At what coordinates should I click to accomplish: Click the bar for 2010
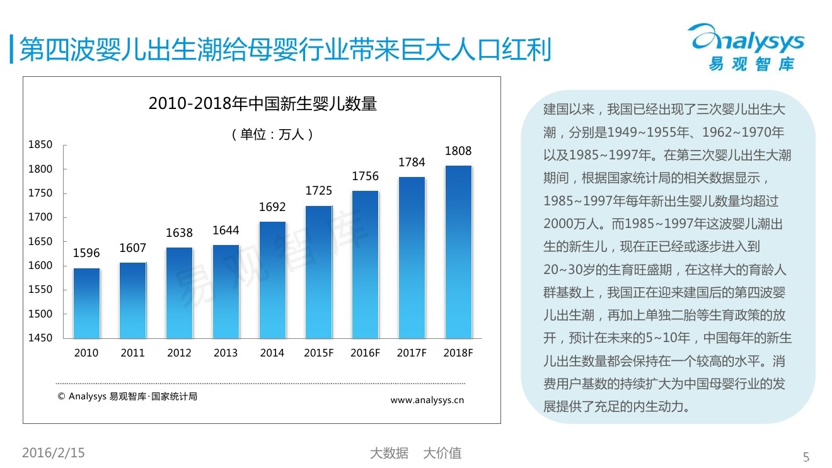click(x=86, y=304)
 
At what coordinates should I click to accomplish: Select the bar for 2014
click(x=272, y=280)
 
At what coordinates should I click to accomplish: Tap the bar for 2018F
click(x=458, y=252)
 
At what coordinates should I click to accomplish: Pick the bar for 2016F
click(x=365, y=265)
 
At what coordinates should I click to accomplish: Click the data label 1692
click(x=272, y=207)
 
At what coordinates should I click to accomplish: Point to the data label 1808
click(x=458, y=151)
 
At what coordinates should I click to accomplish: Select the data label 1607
click(x=133, y=248)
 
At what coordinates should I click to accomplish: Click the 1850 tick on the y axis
click(x=40, y=145)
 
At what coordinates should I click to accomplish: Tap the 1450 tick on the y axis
click(x=40, y=338)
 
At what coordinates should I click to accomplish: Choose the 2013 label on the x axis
click(x=226, y=353)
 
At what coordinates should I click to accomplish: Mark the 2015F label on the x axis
click(x=318, y=353)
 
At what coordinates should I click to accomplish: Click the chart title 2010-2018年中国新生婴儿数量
click(x=262, y=104)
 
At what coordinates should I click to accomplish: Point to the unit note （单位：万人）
click(x=273, y=134)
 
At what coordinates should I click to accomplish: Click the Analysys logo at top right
click(x=748, y=47)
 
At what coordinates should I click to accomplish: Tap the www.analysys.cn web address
click(x=427, y=400)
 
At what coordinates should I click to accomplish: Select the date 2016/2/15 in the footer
click(x=54, y=453)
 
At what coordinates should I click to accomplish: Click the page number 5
click(x=806, y=457)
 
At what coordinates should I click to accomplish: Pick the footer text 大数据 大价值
click(x=415, y=453)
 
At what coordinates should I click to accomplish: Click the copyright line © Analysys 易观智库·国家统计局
click(x=127, y=397)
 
